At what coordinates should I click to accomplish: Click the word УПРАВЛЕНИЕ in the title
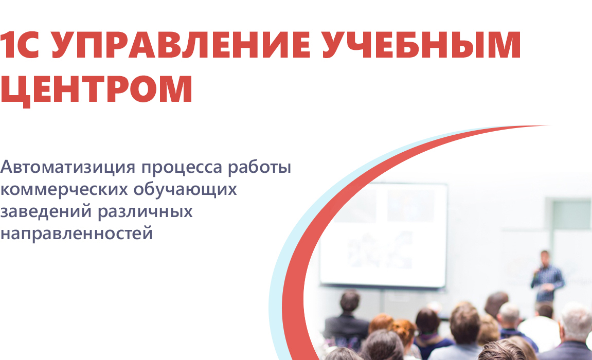181,45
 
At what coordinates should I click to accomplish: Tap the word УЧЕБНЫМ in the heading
422,45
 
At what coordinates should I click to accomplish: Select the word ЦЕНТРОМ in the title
96,91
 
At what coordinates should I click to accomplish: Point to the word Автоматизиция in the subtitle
67,167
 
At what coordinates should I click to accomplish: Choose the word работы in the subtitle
259,167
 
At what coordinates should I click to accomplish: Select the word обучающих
185,189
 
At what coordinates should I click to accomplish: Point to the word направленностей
76,233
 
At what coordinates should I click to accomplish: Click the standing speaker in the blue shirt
547,277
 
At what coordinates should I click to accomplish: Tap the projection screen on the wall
383,235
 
